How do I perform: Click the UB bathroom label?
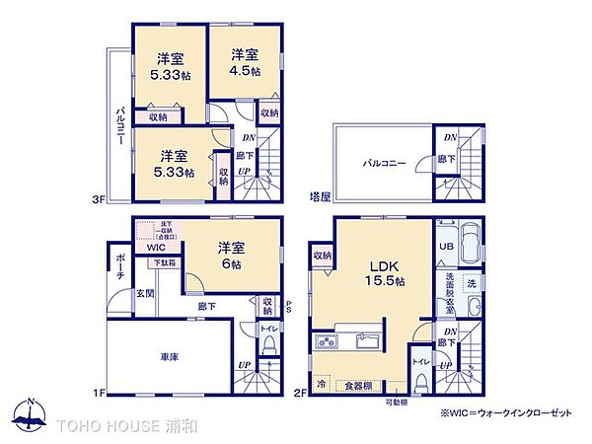[446, 246]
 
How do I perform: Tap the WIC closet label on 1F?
[158, 248]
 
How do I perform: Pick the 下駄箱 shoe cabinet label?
[165, 263]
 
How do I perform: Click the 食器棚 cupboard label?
[358, 385]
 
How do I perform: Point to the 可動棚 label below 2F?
[395, 403]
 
